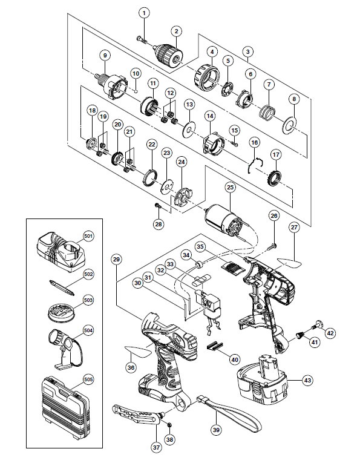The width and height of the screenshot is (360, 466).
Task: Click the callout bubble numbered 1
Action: (145, 13)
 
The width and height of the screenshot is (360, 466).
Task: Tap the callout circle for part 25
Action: (231, 187)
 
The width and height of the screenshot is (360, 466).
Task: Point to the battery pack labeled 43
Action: (262, 378)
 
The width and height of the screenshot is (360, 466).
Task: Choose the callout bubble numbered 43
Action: (308, 380)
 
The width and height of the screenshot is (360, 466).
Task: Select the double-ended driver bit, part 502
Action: (62, 287)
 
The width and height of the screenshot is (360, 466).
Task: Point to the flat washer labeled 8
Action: (289, 123)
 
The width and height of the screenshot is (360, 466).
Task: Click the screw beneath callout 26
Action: (273, 246)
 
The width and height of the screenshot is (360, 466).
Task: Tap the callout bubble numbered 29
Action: (116, 260)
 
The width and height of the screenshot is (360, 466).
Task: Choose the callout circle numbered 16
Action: (255, 142)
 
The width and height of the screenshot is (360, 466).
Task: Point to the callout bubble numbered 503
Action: (88, 300)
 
